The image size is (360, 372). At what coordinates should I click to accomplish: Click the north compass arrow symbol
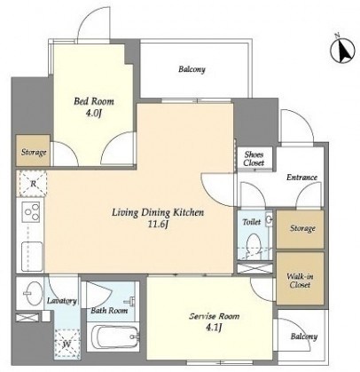point(343,50)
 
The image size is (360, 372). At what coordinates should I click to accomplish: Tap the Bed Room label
point(94,101)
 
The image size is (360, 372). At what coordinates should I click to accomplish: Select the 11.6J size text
point(158,225)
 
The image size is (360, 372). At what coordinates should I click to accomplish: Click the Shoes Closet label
point(254,159)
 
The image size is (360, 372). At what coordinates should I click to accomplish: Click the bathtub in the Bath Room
point(115,337)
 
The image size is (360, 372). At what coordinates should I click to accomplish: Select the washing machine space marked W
point(67,344)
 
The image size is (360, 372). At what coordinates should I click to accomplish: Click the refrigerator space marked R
point(33,184)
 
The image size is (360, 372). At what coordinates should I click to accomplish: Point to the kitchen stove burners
point(33,211)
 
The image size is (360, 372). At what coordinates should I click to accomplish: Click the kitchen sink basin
point(32,256)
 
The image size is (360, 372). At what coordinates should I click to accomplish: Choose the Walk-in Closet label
point(300,281)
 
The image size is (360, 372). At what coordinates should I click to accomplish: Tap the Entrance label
point(301,178)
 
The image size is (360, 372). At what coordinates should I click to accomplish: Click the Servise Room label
point(215,316)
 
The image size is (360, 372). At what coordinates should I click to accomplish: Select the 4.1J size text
point(215,328)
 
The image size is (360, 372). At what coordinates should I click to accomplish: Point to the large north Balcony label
point(192,69)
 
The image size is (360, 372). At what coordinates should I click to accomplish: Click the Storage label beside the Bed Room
point(34,153)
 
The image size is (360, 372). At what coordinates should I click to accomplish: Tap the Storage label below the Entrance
point(302,228)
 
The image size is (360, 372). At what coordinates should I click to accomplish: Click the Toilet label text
point(251,222)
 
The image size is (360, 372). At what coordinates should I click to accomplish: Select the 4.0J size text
point(94,113)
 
